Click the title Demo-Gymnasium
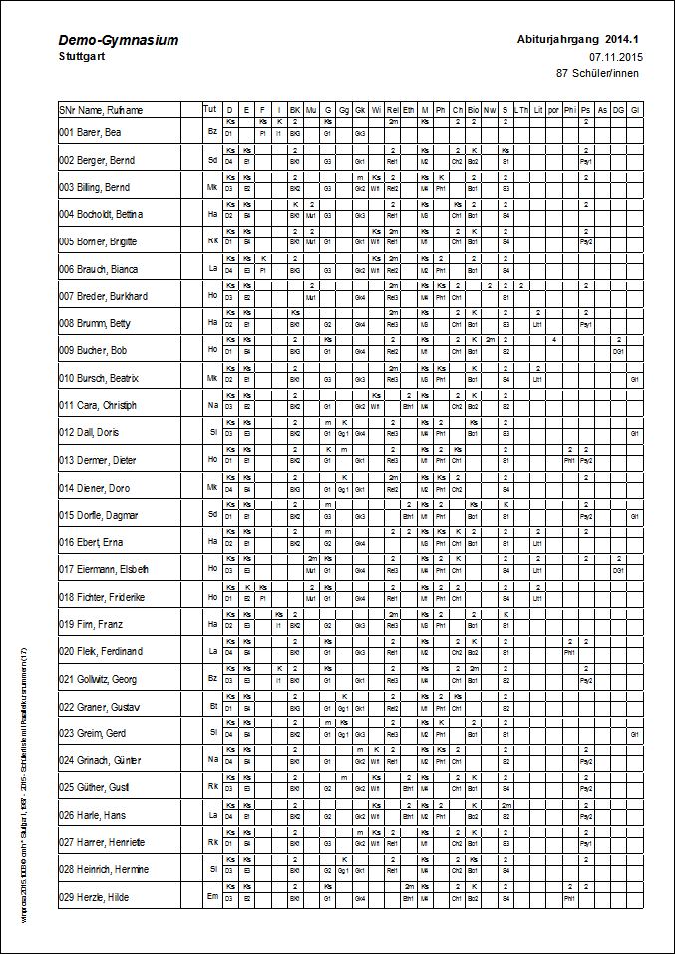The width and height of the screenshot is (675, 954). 119,40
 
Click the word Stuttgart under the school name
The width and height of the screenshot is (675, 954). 81,57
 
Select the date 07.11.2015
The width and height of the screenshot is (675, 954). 615,57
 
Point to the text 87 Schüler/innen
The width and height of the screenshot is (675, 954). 598,73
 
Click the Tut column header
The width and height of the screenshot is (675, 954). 209,108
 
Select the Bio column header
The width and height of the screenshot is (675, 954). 474,109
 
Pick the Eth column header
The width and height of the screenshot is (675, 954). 409,109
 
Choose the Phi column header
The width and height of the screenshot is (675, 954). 569,109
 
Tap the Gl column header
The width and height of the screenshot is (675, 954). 634,109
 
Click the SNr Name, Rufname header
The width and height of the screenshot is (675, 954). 96,109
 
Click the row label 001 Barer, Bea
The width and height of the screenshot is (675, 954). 90,132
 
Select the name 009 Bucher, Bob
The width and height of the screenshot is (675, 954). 93,351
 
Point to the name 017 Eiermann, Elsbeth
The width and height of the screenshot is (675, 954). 104,569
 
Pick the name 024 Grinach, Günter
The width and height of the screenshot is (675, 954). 100,760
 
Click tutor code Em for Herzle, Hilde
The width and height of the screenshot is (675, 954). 211,896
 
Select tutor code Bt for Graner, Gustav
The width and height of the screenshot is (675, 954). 212,706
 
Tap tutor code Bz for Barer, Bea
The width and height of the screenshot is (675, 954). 212,131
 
